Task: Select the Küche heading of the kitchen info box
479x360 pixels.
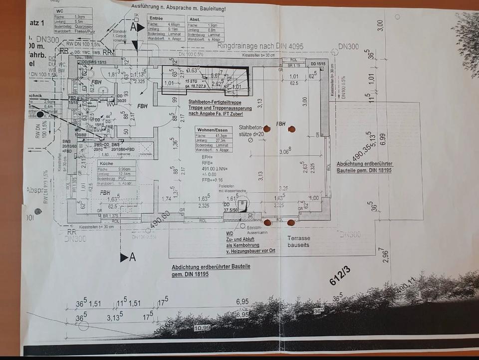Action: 106,164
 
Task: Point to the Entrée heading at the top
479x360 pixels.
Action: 156,18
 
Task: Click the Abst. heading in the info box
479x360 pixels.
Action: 194,19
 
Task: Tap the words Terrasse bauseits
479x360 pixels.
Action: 298,242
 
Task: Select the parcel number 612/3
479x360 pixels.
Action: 340,276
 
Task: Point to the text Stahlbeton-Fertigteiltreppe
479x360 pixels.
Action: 216,103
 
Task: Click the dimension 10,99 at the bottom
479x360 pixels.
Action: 202,328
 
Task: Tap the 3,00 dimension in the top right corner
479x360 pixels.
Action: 380,25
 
